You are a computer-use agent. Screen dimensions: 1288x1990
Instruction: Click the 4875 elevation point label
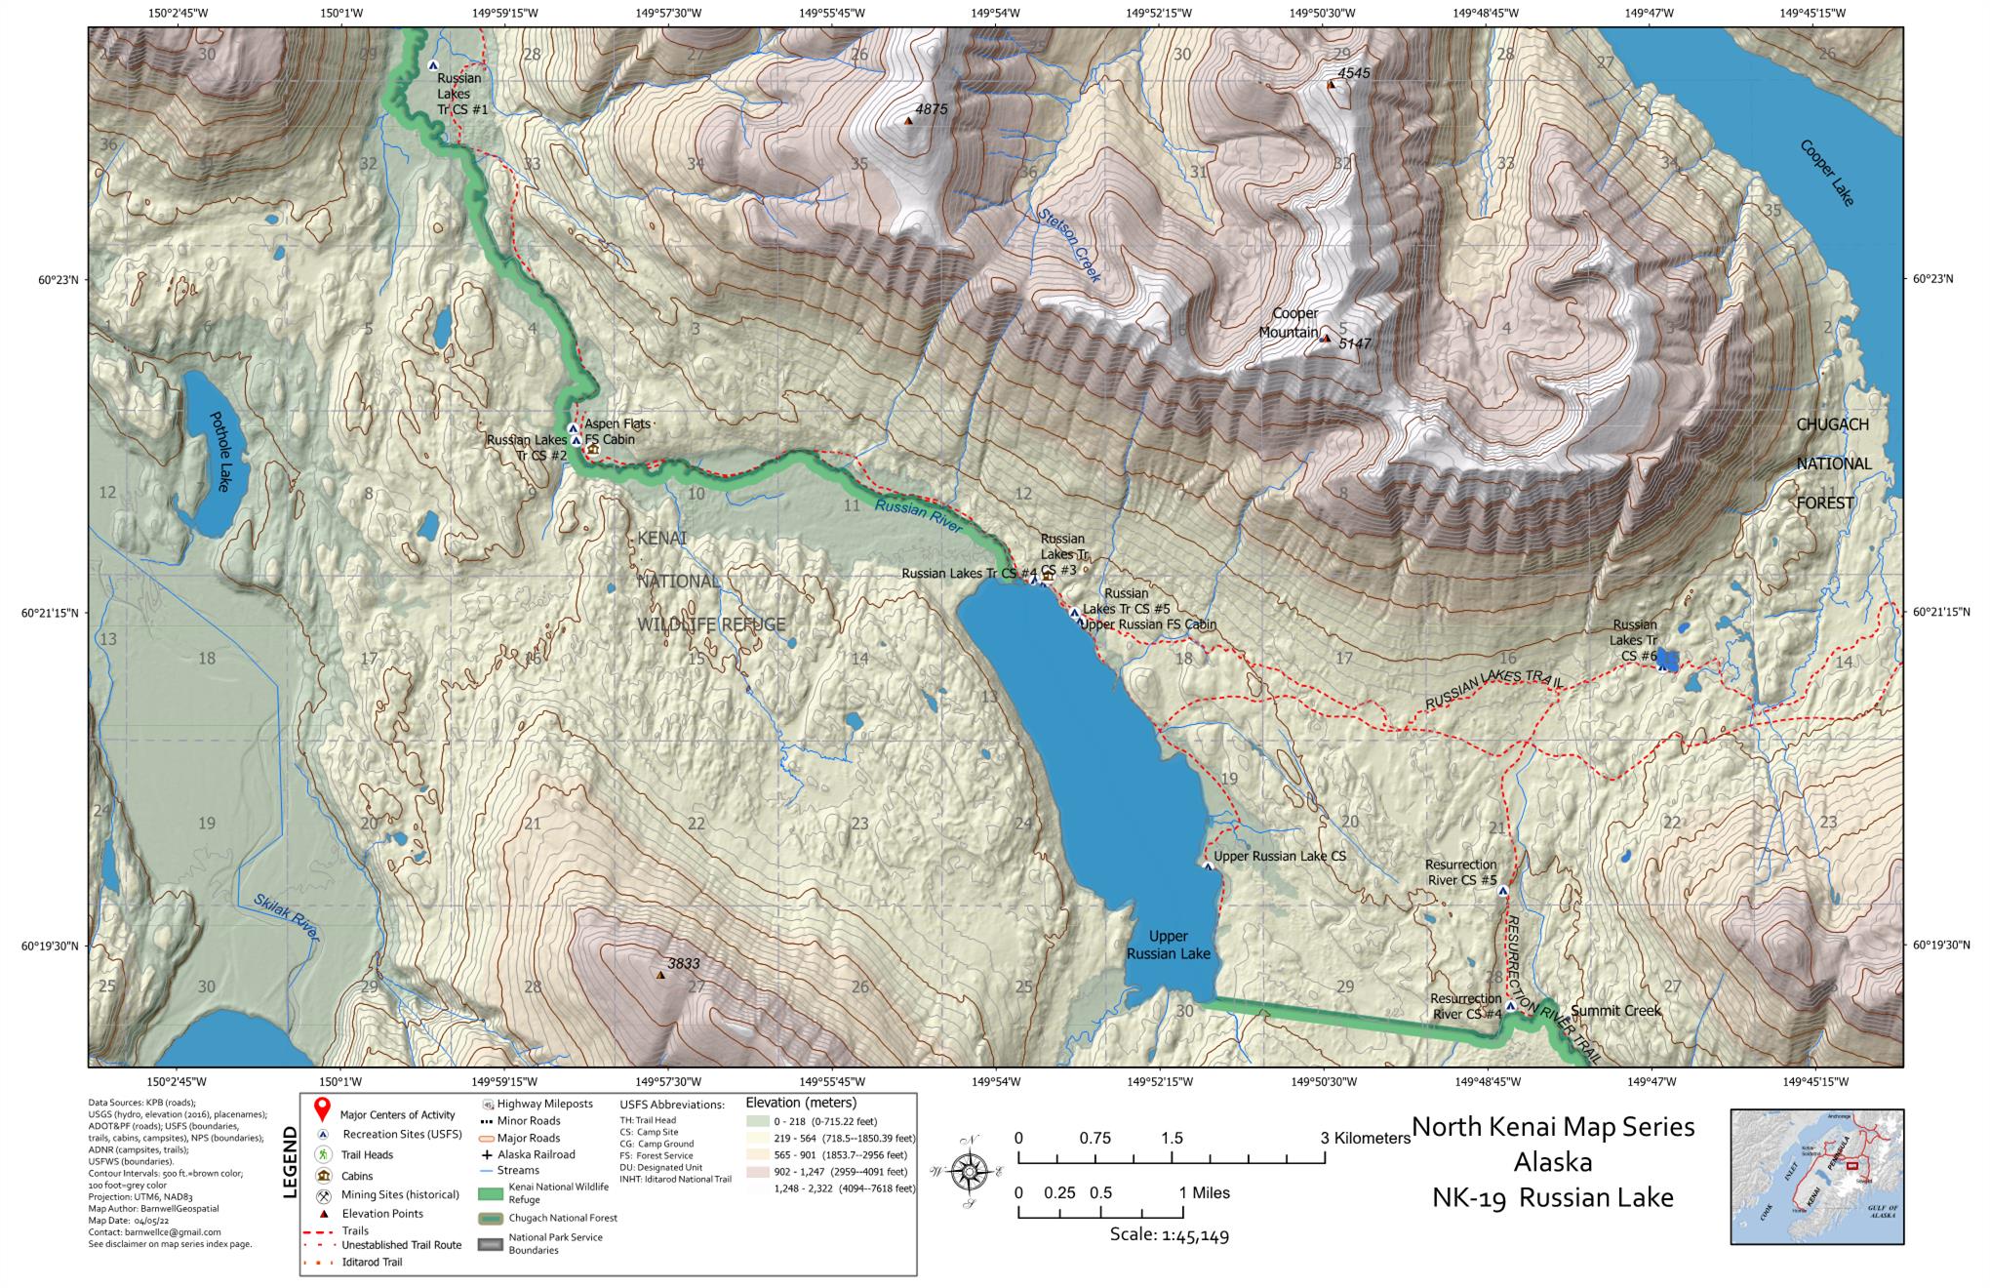pyautogui.click(x=931, y=109)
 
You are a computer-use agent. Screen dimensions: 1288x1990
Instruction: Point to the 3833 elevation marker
pyautogui.click(x=660, y=975)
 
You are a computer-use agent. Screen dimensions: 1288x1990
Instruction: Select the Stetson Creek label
pyautogui.click(x=1069, y=246)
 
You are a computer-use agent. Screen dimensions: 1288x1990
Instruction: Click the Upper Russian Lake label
pyautogui.click(x=1168, y=946)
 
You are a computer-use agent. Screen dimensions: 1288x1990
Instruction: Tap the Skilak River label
pyautogui.click(x=287, y=918)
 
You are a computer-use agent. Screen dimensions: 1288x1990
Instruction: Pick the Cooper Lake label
pyautogui.click(x=1826, y=174)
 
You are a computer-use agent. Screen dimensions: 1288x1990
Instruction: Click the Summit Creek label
pyautogui.click(x=1615, y=1011)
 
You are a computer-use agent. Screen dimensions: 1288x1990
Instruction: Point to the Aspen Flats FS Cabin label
pyautogui.click(x=615, y=431)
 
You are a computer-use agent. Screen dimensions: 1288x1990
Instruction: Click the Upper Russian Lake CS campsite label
pyautogui.click(x=1279, y=857)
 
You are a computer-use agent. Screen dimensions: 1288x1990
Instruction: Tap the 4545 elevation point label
pyautogui.click(x=1353, y=73)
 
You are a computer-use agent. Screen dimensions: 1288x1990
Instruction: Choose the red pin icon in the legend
pyautogui.click(x=322, y=1113)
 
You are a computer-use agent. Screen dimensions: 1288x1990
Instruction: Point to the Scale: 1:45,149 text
pyautogui.click(x=1169, y=1236)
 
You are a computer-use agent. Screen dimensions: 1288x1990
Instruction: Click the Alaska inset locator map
pyautogui.click(x=1816, y=1176)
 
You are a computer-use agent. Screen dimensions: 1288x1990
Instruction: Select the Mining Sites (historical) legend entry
pyautogui.click(x=399, y=1194)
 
